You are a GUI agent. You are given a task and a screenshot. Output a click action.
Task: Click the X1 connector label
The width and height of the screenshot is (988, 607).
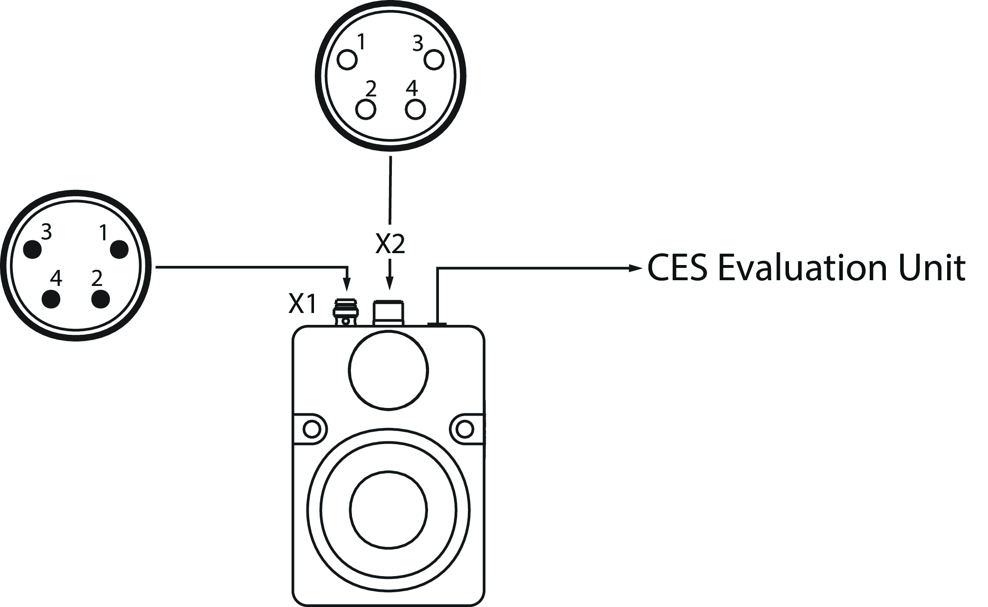click(x=302, y=304)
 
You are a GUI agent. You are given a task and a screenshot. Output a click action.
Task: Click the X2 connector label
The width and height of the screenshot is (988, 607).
click(x=390, y=244)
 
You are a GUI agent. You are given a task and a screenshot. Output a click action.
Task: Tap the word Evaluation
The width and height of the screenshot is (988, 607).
click(x=802, y=268)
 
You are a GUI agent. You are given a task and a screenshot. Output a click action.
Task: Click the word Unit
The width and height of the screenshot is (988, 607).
click(x=931, y=268)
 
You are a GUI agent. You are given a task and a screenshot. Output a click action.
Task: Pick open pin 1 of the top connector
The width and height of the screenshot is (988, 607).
click(x=347, y=60)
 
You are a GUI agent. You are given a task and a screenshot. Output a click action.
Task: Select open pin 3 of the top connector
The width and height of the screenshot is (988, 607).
click(x=434, y=60)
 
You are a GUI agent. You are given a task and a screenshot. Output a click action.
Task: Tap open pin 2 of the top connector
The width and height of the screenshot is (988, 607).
click(x=366, y=110)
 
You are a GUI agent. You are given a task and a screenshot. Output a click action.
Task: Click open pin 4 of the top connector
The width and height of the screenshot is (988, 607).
click(x=415, y=110)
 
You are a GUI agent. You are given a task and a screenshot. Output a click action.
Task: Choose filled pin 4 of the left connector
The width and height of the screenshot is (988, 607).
click(x=51, y=299)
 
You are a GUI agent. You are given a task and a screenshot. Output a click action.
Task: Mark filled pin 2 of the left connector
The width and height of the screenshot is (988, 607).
click(x=100, y=299)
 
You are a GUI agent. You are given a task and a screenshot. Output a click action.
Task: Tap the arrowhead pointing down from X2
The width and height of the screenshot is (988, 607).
click(x=390, y=284)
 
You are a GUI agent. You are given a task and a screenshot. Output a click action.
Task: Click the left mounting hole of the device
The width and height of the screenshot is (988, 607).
click(x=312, y=429)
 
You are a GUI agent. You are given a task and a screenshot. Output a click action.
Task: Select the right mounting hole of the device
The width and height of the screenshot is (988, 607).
click(x=465, y=429)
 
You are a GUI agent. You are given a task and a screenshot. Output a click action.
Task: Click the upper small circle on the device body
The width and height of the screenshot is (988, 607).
click(x=388, y=370)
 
